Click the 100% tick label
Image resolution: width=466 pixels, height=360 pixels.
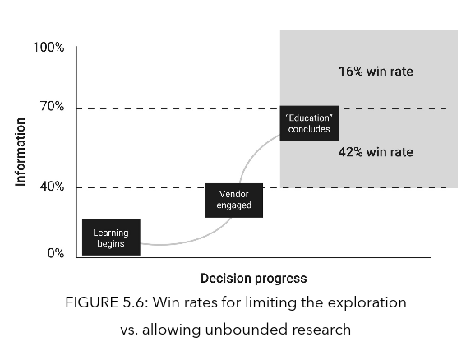click(48, 48)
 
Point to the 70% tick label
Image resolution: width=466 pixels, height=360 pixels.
click(52, 106)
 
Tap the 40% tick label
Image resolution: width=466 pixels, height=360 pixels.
click(52, 187)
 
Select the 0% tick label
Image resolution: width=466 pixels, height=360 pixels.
click(56, 253)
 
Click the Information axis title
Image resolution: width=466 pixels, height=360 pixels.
click(21, 152)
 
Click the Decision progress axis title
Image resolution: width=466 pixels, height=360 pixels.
click(253, 279)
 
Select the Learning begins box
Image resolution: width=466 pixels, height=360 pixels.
click(111, 238)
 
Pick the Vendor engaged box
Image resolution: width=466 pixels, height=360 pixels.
click(234, 201)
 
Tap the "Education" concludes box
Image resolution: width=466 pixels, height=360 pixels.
click(309, 123)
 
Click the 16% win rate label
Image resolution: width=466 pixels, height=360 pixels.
click(376, 72)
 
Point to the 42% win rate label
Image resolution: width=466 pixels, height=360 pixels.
click(376, 152)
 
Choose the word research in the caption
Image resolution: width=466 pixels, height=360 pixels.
click(321, 330)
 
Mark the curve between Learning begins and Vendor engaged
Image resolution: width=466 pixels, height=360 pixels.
click(188, 240)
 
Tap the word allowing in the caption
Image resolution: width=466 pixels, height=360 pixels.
click(172, 330)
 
